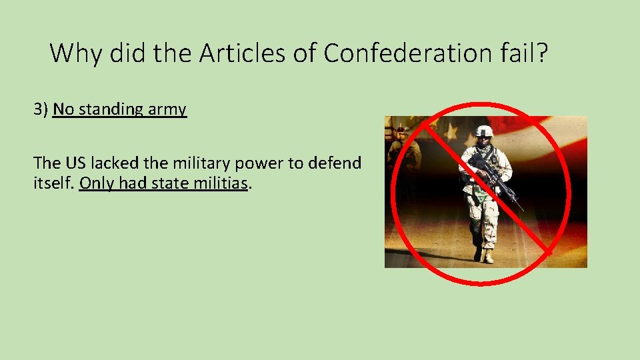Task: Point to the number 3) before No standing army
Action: (41, 109)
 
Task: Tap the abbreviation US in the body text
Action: (74, 163)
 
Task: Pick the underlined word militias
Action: (219, 183)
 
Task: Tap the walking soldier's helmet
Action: (485, 131)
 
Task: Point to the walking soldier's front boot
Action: (489, 257)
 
